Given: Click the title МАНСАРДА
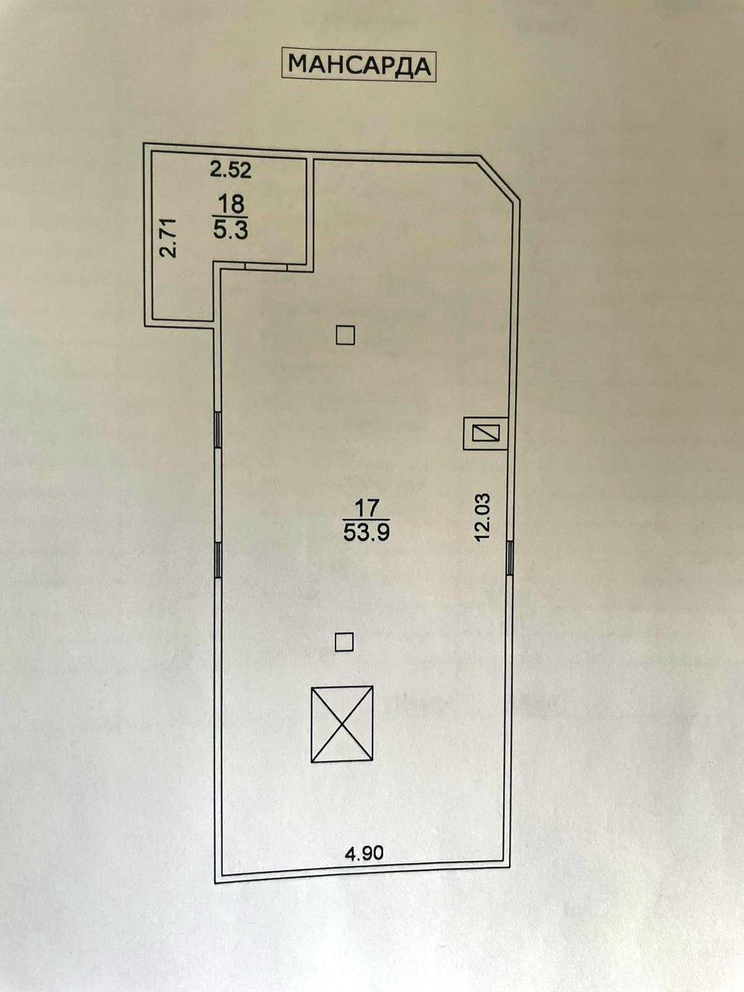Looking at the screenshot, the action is tap(360, 64).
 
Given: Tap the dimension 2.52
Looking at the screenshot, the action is tap(231, 169).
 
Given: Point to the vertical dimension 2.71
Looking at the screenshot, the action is tap(169, 237).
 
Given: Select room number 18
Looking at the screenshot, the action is tap(231, 203).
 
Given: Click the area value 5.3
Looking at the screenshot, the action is tap(231, 231).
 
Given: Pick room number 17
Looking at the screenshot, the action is tap(366, 509).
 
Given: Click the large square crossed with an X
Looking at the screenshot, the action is tap(342, 724).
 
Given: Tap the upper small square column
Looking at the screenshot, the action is tap(345, 335).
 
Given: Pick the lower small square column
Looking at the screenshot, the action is tap(344, 642).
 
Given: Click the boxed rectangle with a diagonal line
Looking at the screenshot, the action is tap(486, 433).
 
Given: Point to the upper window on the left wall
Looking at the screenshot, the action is tap(218, 430).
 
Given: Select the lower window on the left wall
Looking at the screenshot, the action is tap(218, 560).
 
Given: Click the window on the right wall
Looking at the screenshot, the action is tap(509, 557).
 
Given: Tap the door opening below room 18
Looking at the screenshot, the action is tap(267, 267).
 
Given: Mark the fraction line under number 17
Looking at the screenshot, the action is tap(366, 520).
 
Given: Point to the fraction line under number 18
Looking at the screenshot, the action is tap(231, 216).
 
